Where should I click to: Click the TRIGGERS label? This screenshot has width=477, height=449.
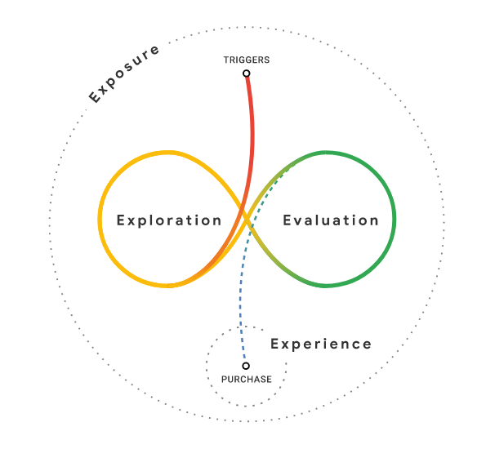(247, 60)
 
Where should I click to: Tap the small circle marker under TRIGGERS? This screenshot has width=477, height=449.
(247, 73)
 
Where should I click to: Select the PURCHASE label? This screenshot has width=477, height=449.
(247, 380)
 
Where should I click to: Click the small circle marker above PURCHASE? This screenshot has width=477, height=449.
(246, 366)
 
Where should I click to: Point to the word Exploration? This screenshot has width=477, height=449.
(169, 221)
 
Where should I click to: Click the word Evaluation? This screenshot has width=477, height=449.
(331, 220)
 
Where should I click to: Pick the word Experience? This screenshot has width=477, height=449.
(321, 345)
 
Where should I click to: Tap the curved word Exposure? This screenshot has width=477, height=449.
(124, 73)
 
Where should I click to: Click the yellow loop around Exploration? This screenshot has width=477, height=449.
(100, 219)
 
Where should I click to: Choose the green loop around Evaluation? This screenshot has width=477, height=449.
(395, 219)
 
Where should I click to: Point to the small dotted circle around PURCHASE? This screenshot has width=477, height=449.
(207, 366)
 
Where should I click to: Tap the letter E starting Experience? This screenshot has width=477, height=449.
(274, 344)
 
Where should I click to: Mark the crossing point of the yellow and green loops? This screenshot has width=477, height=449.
(247, 217)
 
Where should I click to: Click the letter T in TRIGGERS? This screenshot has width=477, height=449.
(226, 60)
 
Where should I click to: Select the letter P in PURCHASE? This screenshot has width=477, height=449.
(224, 380)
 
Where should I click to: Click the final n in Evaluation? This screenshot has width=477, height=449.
(374, 222)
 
